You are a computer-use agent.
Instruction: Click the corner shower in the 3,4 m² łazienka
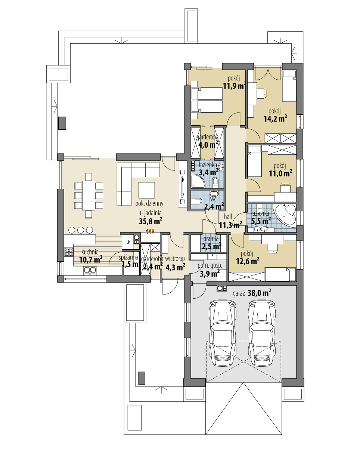coord(197,181)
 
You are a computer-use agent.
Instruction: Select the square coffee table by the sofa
coord(147,190)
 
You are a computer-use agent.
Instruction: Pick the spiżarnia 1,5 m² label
coord(130,261)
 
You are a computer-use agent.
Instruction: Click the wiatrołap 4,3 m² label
coord(175,264)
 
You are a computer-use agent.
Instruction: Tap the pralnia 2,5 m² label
coord(211,243)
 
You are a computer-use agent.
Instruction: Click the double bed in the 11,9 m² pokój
coord(207,100)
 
